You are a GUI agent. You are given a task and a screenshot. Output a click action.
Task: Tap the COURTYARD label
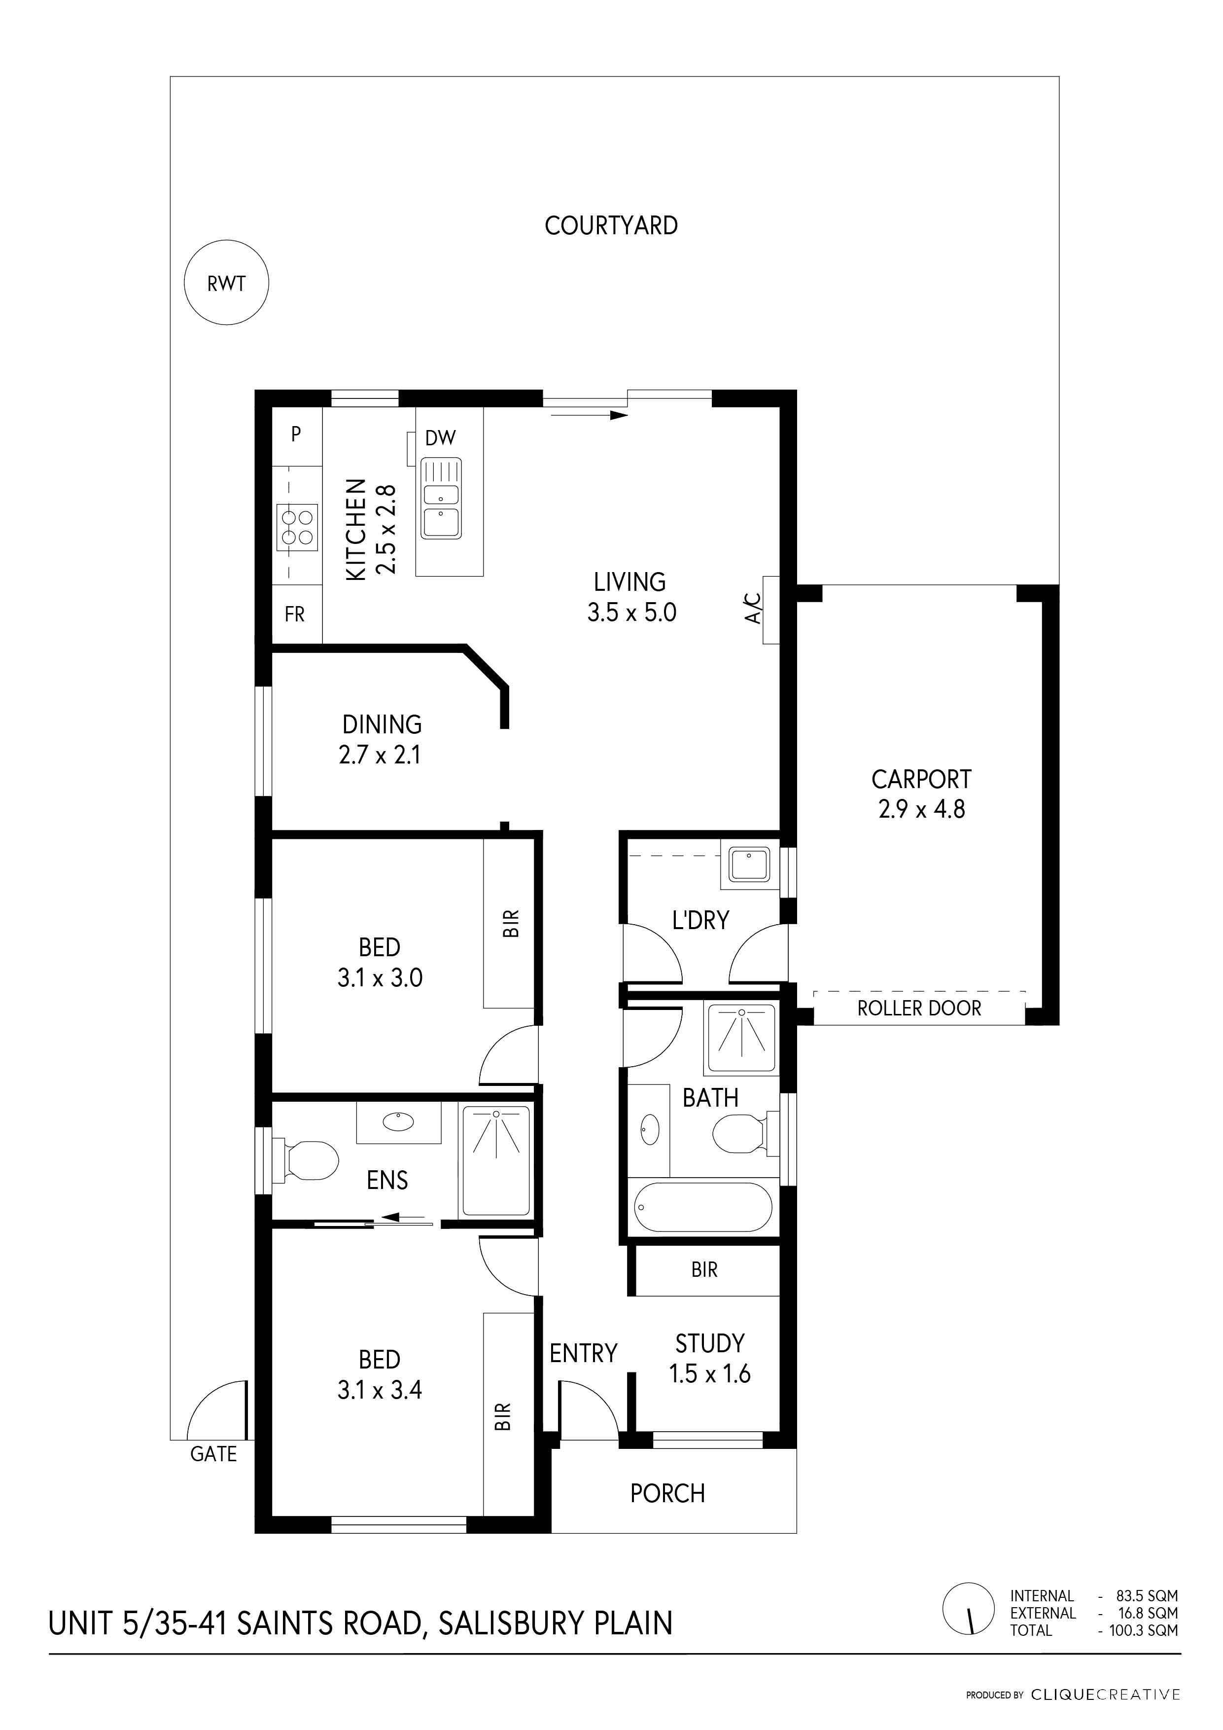click(611, 225)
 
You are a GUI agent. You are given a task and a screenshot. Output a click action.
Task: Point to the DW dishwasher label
click(441, 438)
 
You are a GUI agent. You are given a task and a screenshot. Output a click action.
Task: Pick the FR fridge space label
click(294, 615)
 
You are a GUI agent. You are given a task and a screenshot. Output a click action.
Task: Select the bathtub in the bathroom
click(702, 1206)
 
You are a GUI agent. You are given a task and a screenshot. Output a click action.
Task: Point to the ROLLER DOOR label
click(919, 1008)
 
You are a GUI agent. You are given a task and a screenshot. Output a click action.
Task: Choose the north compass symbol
click(969, 1608)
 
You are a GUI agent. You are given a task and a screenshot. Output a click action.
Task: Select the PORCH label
click(667, 1493)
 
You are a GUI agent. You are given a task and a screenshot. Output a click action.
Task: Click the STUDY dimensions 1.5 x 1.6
click(709, 1373)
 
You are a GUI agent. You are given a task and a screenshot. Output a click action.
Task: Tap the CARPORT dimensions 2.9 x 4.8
click(921, 808)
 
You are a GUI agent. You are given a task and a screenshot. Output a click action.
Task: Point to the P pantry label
click(296, 434)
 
